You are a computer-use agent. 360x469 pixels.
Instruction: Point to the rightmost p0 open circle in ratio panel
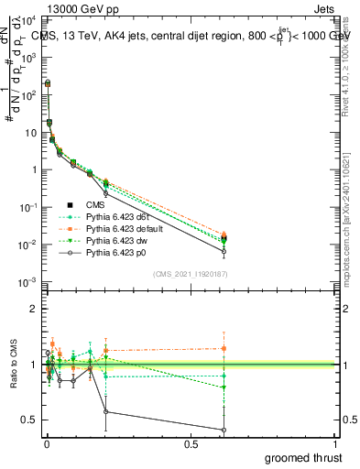tap(224, 430)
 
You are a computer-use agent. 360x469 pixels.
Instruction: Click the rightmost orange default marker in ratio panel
tap(224, 348)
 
